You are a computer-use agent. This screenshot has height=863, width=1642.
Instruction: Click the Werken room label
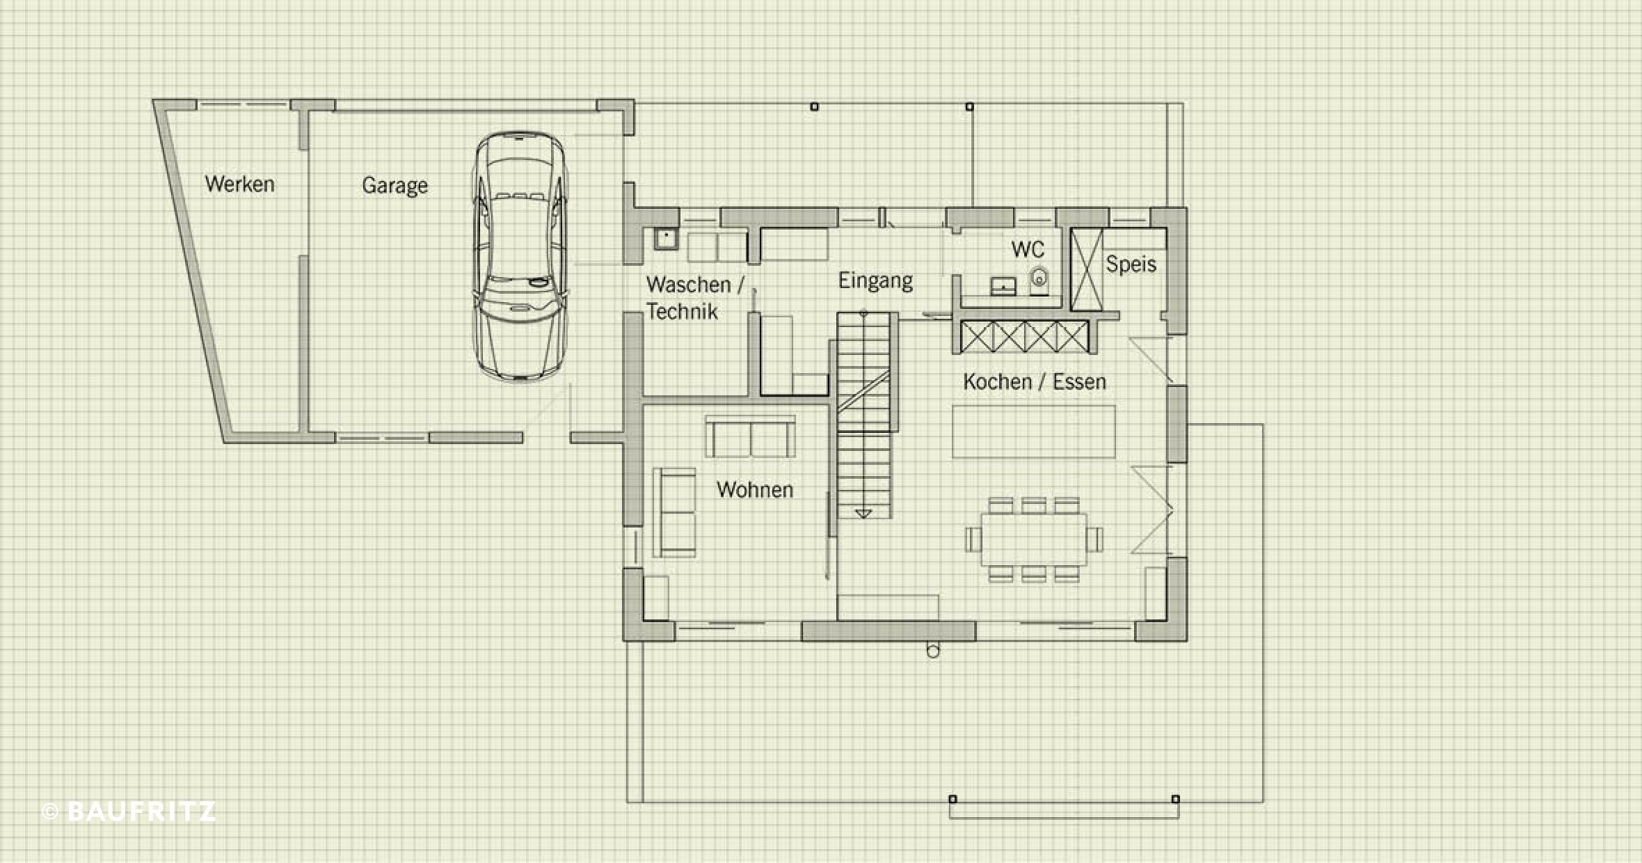(239, 184)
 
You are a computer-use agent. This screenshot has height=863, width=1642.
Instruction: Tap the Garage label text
(394, 186)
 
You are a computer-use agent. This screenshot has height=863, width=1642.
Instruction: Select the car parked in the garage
(520, 255)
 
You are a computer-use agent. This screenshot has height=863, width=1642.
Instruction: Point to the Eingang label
(875, 281)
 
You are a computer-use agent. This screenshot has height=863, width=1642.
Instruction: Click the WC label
(1028, 249)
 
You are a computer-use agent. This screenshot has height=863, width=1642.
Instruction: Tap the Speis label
(1131, 264)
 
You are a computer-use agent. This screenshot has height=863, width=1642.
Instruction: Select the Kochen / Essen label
(1035, 381)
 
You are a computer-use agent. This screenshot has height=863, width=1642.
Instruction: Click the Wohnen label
(755, 490)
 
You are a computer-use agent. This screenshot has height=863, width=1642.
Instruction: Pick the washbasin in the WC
(1003, 286)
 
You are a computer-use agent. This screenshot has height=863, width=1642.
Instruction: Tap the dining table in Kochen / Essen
(1034, 539)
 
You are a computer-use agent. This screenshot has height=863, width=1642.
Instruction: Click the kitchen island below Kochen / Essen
(1034, 432)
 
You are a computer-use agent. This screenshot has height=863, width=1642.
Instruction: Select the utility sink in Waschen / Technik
(666, 239)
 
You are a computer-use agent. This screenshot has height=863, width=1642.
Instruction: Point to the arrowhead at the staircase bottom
(863, 514)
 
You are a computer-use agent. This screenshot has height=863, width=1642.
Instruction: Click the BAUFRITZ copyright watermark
(129, 811)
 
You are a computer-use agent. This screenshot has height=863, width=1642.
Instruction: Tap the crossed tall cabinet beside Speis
(1086, 269)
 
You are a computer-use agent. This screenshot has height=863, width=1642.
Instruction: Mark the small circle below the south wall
(933, 651)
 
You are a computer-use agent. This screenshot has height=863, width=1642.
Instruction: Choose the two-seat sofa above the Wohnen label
(751, 436)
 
